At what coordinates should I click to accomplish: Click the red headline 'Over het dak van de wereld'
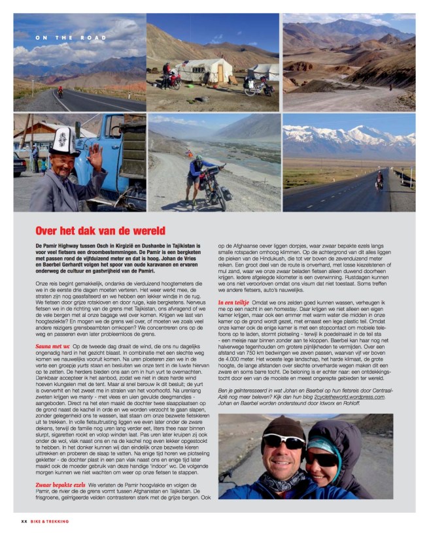(100, 231)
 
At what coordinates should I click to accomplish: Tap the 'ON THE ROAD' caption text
(63, 38)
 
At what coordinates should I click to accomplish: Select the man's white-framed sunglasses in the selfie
(283, 442)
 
